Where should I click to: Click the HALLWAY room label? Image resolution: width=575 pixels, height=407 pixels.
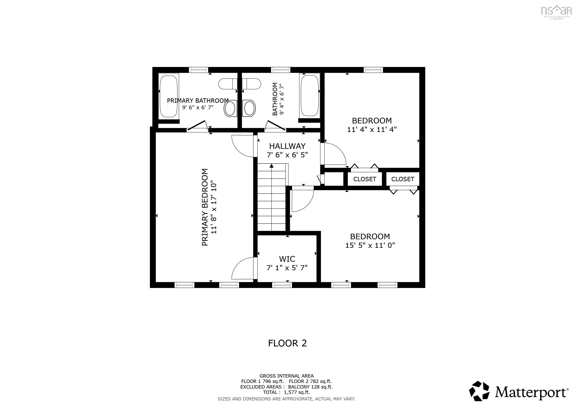point(287,146)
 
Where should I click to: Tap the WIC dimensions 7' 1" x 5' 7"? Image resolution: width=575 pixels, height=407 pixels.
point(287,268)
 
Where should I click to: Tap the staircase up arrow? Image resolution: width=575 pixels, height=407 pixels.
point(271,166)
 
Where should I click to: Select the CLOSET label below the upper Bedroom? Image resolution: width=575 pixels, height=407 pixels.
point(365,179)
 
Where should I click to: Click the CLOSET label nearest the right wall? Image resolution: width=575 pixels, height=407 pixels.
point(403,179)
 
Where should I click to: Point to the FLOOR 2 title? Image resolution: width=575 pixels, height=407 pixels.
point(287,343)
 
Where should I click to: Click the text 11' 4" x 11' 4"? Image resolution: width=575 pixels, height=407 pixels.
point(372,130)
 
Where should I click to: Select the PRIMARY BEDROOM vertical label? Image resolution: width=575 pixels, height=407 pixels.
point(205,207)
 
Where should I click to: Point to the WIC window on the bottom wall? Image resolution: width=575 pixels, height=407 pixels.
point(282,285)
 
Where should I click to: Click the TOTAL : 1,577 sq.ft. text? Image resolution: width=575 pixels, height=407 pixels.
point(286,392)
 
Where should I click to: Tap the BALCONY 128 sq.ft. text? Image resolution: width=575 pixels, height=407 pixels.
point(310,387)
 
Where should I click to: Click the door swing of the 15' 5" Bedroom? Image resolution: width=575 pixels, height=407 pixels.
point(302,201)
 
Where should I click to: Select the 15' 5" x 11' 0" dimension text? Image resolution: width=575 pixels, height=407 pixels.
point(370,245)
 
